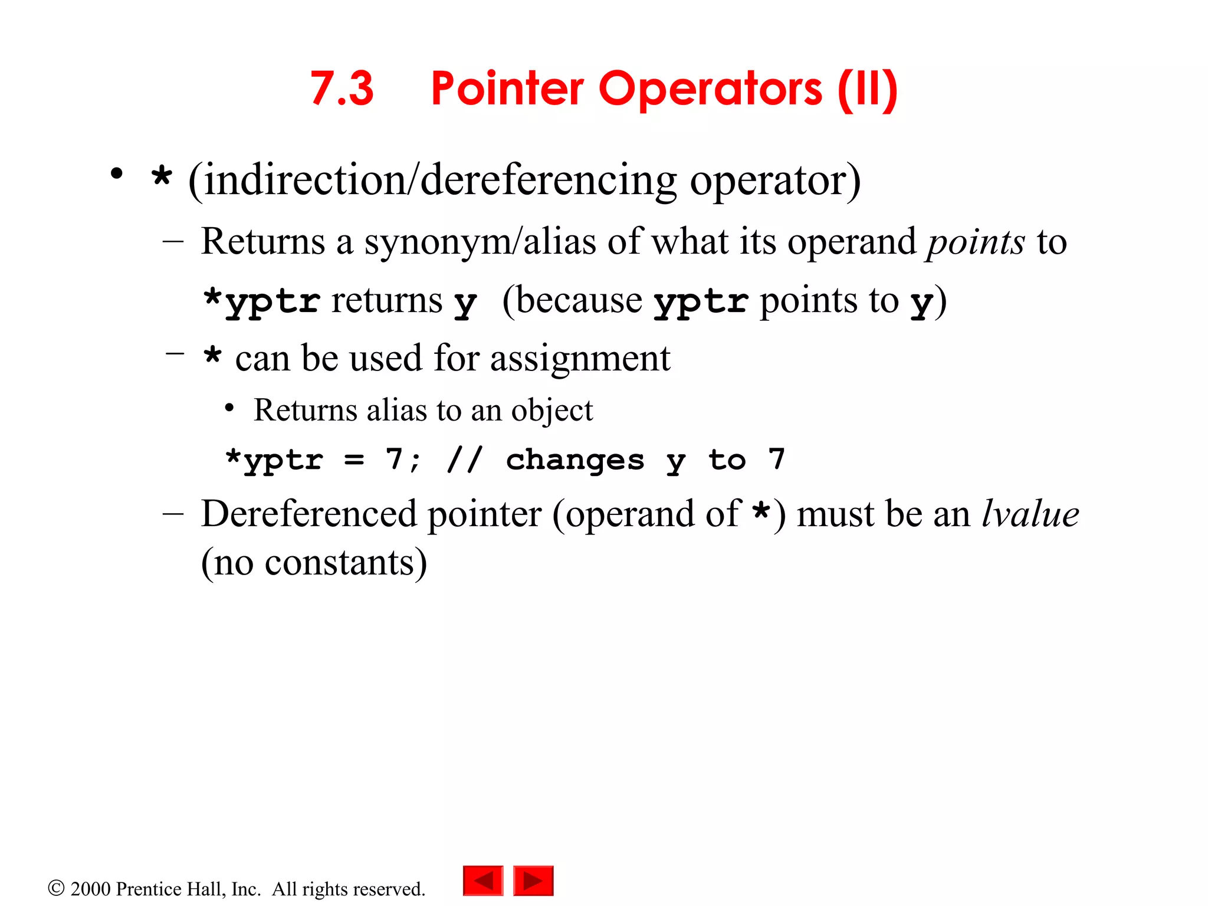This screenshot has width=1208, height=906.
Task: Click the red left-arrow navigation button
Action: [483, 881]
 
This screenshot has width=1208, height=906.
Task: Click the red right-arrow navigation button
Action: [533, 881]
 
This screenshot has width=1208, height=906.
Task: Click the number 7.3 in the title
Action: [342, 89]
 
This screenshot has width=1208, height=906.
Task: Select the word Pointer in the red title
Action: [507, 89]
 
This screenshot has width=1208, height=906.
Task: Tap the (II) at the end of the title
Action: [868, 89]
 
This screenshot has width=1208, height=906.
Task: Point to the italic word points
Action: [976, 242]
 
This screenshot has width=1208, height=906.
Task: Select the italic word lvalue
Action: [1030, 514]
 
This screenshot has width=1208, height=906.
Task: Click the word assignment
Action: [580, 358]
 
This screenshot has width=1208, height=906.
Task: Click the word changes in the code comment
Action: [575, 461]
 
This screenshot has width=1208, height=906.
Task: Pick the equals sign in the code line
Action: [354, 459]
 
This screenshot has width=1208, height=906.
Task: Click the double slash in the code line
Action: [465, 459]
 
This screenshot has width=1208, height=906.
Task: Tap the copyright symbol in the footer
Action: [56, 888]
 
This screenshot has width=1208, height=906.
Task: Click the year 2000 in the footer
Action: [90, 889]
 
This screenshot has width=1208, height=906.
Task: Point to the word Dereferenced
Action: [309, 514]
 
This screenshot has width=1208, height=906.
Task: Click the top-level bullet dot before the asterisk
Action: [117, 174]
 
